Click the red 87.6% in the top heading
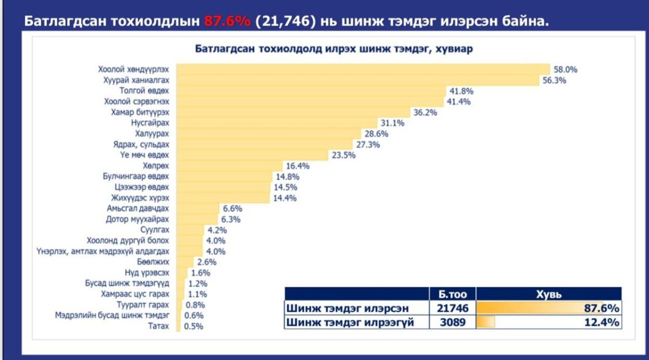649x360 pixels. [x=227, y=21]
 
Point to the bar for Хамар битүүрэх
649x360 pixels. [x=293, y=112]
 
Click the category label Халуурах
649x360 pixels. [x=152, y=134]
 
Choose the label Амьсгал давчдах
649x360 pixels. [x=138, y=209]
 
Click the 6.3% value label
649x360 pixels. [x=231, y=219]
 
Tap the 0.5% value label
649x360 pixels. [x=194, y=326]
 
